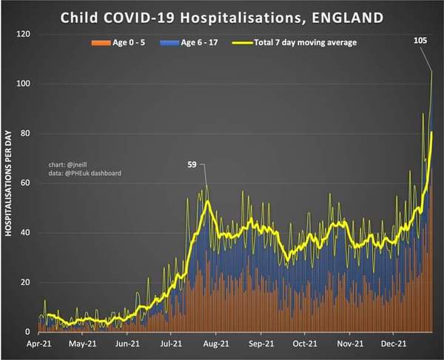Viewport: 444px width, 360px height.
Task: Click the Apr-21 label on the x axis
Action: [38, 344]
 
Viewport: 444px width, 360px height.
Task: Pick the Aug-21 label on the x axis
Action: [216, 344]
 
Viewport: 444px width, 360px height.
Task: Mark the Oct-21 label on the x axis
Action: [304, 344]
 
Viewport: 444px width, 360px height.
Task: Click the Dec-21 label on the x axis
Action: [393, 344]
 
